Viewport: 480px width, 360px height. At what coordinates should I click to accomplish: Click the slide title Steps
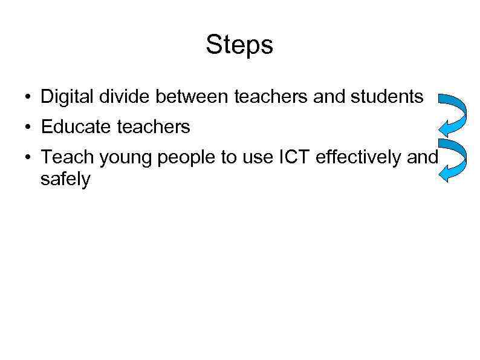[239, 45]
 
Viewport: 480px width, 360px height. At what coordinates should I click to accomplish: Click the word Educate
[73, 127]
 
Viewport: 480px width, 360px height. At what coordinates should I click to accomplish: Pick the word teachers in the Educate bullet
[151, 127]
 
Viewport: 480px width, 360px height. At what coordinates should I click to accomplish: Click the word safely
[65, 179]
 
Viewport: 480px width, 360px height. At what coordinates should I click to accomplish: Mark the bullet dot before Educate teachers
[28, 128]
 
